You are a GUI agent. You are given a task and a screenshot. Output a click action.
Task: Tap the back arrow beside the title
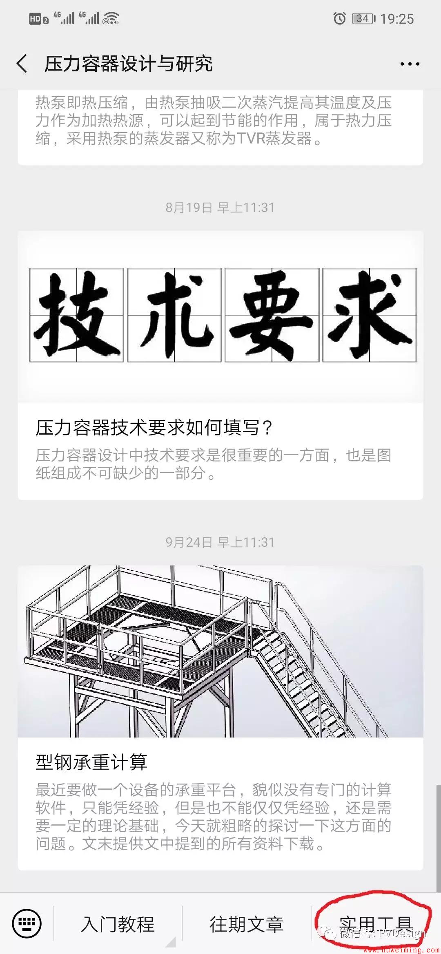click(22, 64)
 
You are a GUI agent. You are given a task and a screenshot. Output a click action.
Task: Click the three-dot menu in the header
click(410, 64)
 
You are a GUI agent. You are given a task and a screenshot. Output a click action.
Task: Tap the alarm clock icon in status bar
click(339, 18)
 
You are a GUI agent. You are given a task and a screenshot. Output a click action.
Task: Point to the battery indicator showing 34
click(363, 18)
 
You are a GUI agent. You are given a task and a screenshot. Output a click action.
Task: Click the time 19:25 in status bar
click(397, 19)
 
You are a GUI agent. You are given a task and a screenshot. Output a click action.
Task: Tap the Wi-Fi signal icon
click(111, 18)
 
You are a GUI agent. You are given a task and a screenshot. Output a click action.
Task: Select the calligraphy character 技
click(77, 315)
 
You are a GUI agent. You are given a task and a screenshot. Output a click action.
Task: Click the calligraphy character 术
click(174, 315)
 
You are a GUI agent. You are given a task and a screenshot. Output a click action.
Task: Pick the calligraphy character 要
click(272, 315)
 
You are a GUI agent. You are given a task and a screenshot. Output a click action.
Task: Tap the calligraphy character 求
click(370, 315)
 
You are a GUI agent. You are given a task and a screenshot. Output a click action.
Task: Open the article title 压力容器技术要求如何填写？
click(154, 428)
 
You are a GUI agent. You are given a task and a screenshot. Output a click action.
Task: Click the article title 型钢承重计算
click(91, 762)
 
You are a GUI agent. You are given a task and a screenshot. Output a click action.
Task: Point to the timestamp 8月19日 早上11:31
click(220, 208)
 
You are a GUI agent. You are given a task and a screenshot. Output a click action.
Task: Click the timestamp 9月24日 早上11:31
click(220, 542)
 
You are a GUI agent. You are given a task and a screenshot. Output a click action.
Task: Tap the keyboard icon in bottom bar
click(27, 923)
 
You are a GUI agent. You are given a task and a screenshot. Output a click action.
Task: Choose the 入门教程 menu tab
click(118, 924)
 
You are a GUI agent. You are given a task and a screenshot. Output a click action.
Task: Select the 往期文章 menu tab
click(247, 924)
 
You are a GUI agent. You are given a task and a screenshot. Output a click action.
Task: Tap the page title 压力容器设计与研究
click(129, 64)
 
